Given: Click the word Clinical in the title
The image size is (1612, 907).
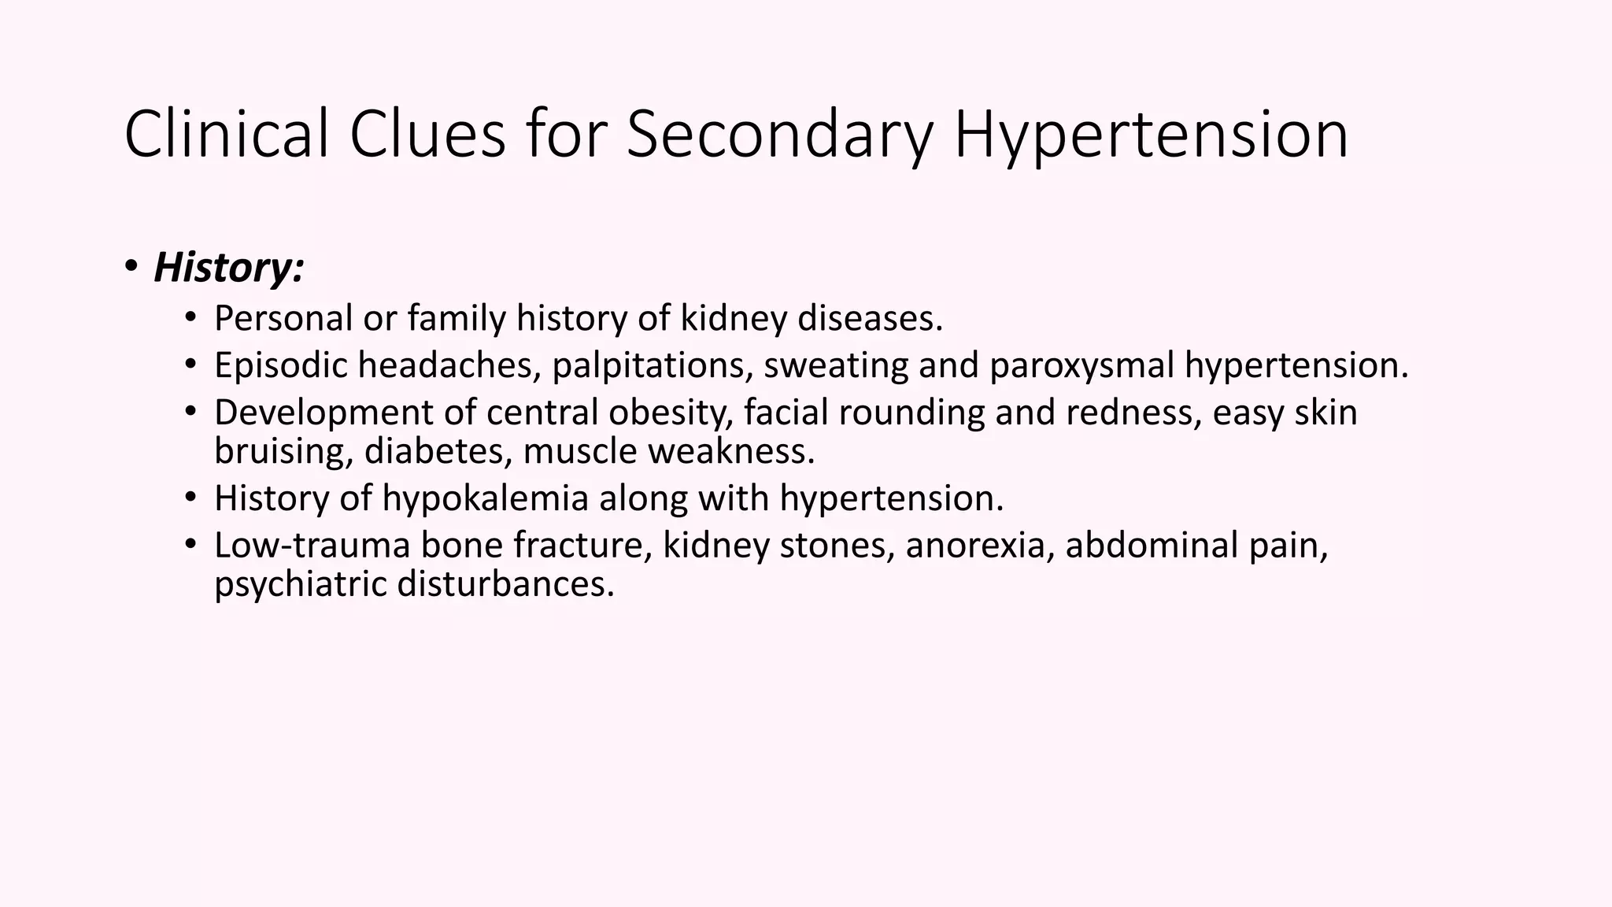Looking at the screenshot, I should [227, 134].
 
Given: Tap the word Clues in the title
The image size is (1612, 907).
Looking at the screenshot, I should [427, 134].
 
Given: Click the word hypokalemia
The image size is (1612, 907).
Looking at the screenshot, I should [486, 498].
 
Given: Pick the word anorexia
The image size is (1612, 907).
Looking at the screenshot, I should [980, 545].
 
